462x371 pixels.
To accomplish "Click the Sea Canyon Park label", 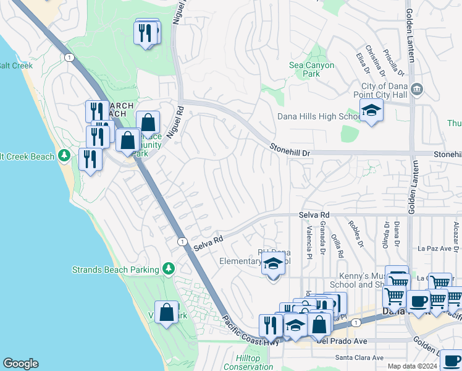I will (x=312, y=69).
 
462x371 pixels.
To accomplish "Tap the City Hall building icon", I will (x=417, y=90).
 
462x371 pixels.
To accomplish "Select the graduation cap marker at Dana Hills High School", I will (x=371, y=111).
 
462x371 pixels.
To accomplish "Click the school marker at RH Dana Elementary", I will (x=272, y=265).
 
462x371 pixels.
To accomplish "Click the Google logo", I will (x=20, y=364).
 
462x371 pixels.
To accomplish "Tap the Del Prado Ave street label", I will (x=342, y=339).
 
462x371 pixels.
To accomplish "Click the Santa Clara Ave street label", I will (x=359, y=357).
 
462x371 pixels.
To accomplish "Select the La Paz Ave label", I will (x=435, y=249).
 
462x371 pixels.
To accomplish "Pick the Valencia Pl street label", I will (x=308, y=242).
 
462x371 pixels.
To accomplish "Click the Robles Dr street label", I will (x=355, y=232).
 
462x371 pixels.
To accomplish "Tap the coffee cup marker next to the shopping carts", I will (x=418, y=302).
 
